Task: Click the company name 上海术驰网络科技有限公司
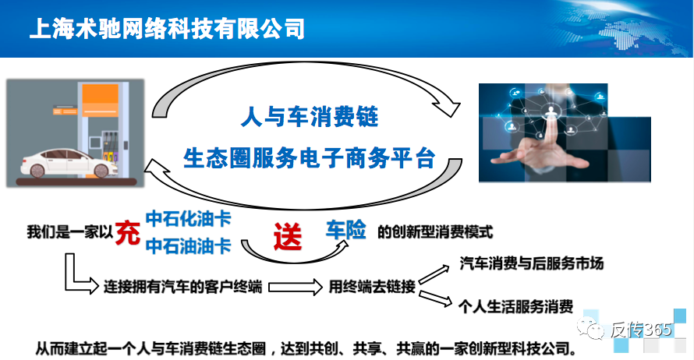click(x=166, y=29)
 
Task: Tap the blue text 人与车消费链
click(x=309, y=118)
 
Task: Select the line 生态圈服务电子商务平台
click(x=308, y=159)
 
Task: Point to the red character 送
click(x=288, y=235)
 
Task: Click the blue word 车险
click(x=346, y=231)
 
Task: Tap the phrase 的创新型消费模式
click(x=435, y=232)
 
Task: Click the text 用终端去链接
click(x=371, y=286)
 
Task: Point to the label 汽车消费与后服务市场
click(x=532, y=263)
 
